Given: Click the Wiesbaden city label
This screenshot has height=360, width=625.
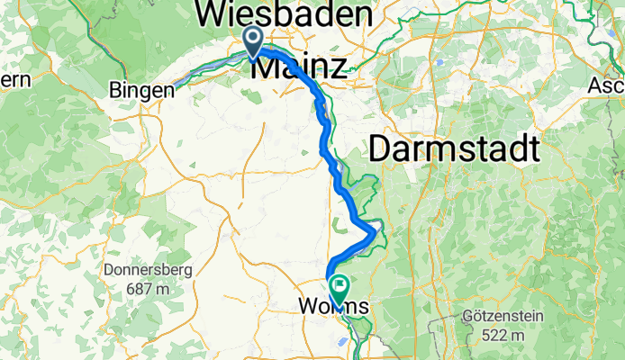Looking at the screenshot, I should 284,14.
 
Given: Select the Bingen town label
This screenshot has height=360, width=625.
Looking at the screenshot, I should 141,90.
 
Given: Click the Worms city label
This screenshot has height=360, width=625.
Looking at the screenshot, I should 332,307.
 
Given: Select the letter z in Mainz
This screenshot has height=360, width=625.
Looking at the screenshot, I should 339,67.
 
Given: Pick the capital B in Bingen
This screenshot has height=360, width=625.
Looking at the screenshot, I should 115,90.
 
